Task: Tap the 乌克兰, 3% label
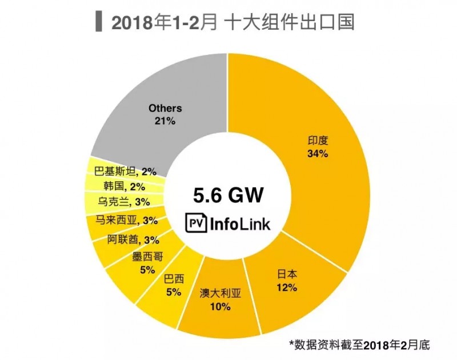pos(123,202)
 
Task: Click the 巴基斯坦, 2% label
pos(122,170)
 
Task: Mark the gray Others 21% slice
pos(166,114)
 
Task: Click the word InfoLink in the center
pos(240,222)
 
